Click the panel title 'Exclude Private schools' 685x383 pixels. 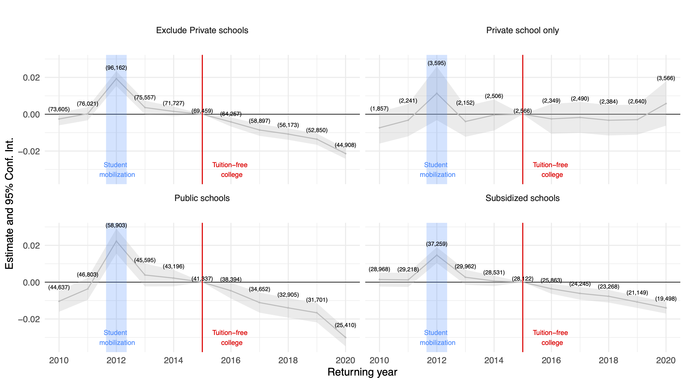pyautogui.click(x=202, y=30)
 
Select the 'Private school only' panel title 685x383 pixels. pyautogui.click(x=522, y=30)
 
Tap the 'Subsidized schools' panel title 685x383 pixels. pyautogui.click(x=522, y=198)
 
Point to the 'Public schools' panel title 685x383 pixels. pyautogui.click(x=202, y=198)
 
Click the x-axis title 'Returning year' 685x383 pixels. pyautogui.click(x=362, y=372)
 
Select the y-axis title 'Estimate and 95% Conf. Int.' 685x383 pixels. pyautogui.click(x=9, y=203)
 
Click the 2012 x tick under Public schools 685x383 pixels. pyautogui.click(x=116, y=360)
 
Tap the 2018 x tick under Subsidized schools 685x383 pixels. pyautogui.click(x=608, y=360)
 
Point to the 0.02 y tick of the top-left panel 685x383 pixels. pyautogui.click(x=31, y=78)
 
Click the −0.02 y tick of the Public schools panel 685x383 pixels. pyautogui.click(x=29, y=319)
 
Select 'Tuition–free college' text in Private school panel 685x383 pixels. pyautogui.click(x=551, y=170)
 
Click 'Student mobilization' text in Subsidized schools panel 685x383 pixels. pyautogui.click(x=437, y=338)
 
